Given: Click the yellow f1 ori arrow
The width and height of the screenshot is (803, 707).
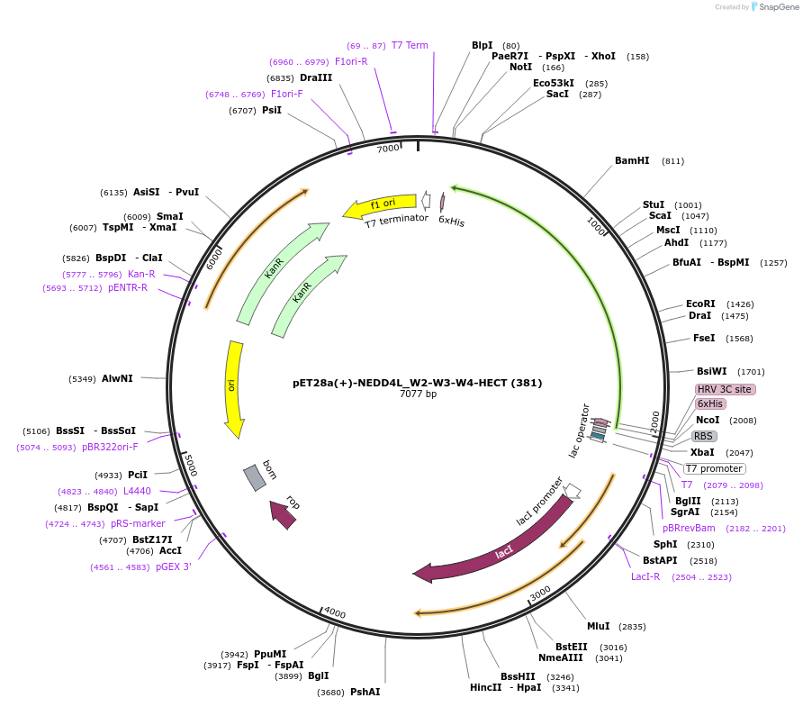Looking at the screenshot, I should (x=379, y=206).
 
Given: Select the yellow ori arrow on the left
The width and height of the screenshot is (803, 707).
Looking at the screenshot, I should (x=233, y=387).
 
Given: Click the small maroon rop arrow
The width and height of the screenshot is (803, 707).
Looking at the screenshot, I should (x=284, y=513).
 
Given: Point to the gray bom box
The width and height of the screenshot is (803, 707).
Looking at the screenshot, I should (x=255, y=477).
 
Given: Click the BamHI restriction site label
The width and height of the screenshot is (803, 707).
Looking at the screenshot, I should (x=632, y=161).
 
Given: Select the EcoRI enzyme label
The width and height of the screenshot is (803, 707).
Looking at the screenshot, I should (x=700, y=304).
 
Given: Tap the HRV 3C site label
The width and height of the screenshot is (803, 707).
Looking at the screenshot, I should (x=725, y=389).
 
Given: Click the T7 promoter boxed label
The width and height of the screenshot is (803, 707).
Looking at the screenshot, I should (x=715, y=468).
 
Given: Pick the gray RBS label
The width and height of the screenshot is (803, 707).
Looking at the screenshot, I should (x=703, y=436).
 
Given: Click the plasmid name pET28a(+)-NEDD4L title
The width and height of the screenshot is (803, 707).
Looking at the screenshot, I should (x=417, y=382).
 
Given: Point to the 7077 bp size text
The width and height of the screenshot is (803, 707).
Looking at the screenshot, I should (x=418, y=394).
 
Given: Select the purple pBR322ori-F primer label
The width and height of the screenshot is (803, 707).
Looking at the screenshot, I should (x=110, y=447).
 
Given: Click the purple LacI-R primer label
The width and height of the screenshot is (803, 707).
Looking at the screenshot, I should (x=645, y=576).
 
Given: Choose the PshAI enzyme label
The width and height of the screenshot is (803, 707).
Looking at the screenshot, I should (x=365, y=692).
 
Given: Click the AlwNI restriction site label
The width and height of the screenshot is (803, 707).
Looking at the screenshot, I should (x=117, y=378).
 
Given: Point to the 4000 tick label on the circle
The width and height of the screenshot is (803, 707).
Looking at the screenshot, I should (x=335, y=613).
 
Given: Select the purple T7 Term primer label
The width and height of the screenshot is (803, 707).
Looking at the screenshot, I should (x=410, y=45).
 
